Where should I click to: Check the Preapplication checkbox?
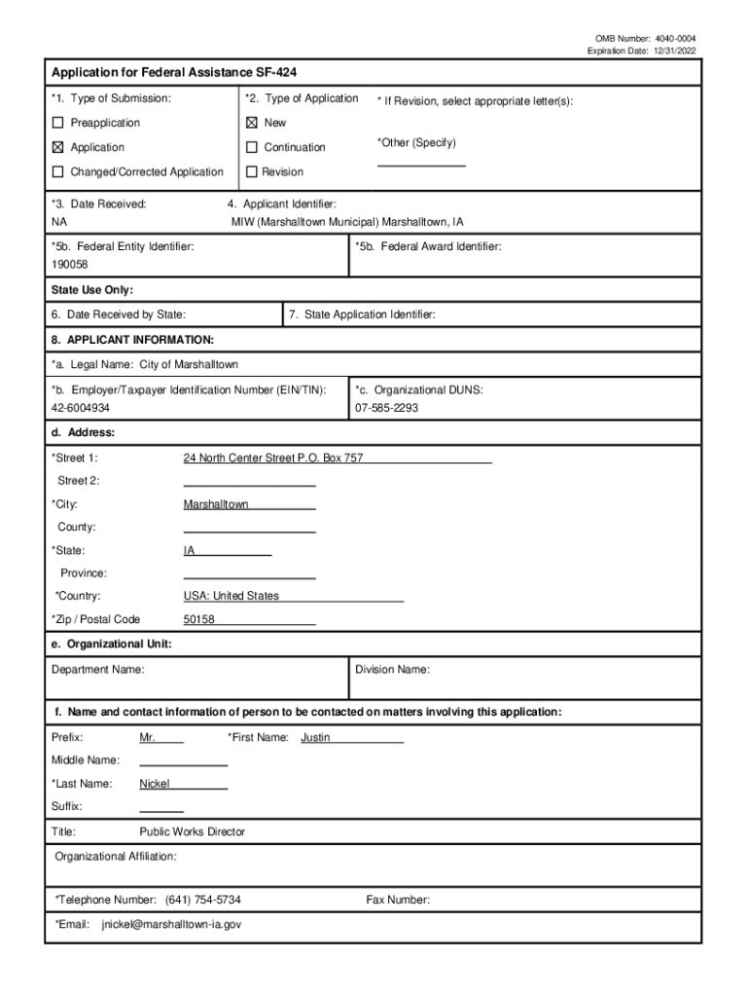click(57, 123)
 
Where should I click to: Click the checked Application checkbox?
click(57, 147)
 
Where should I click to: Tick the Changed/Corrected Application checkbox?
click(57, 171)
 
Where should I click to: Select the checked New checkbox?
click(251, 123)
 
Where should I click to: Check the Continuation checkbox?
click(251, 147)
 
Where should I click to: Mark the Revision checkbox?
click(251, 171)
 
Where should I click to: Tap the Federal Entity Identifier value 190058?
click(70, 265)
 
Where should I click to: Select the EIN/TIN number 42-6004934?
click(81, 408)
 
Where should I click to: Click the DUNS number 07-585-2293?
click(387, 408)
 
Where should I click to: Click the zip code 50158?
click(199, 619)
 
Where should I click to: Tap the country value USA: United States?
click(232, 596)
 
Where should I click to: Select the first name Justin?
click(315, 737)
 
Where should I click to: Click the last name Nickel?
click(155, 783)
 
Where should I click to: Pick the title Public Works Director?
click(193, 831)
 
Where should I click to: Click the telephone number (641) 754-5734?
click(203, 900)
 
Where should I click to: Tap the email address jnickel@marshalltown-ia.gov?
click(171, 924)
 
